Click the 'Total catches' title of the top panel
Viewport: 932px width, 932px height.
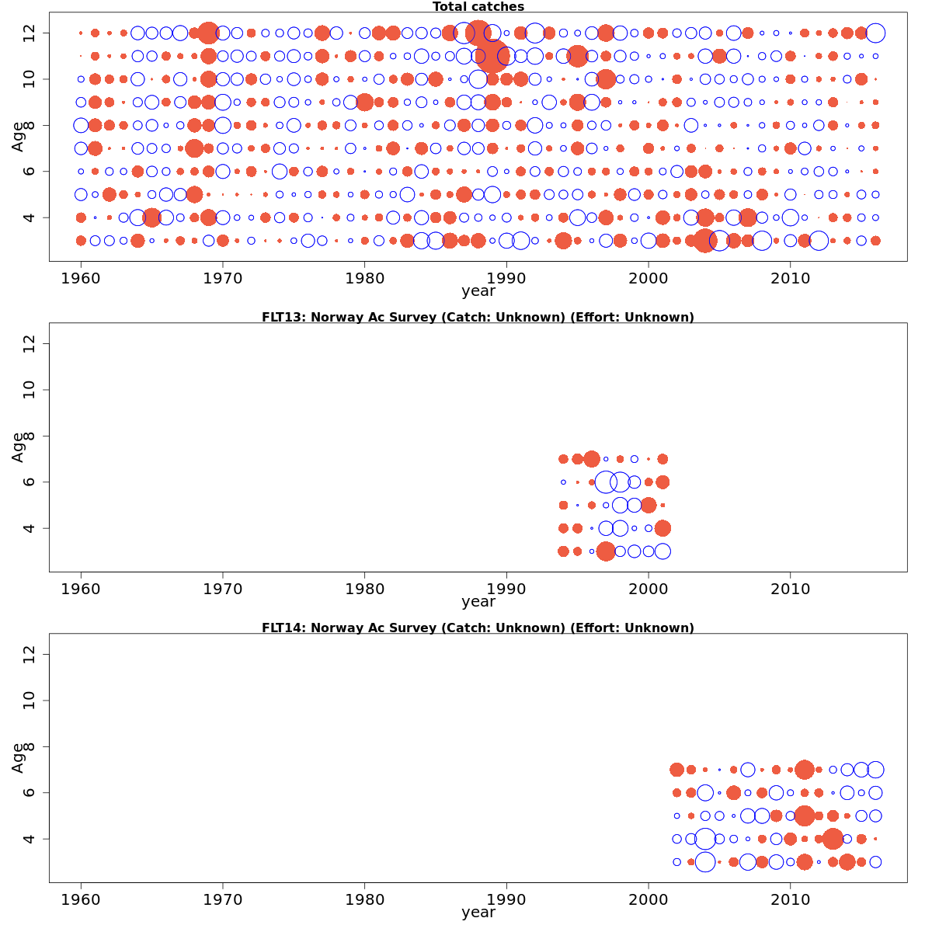click(478, 7)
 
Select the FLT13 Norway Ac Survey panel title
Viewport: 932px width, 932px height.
click(478, 317)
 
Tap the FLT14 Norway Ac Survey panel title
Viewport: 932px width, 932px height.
click(478, 628)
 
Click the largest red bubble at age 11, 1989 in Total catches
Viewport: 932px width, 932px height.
click(492, 56)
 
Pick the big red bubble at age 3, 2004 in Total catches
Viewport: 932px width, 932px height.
click(704, 241)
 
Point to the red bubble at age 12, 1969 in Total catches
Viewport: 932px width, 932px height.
click(208, 33)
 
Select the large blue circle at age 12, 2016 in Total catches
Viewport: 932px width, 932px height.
click(875, 33)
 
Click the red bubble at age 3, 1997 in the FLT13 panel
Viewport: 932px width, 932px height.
click(606, 551)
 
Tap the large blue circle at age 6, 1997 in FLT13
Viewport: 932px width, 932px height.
click(606, 482)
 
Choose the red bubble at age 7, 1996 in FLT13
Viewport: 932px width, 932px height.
click(592, 459)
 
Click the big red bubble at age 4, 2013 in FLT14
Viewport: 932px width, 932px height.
click(833, 839)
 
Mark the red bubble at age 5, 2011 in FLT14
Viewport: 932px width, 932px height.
click(805, 815)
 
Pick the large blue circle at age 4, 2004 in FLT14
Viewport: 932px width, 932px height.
click(705, 839)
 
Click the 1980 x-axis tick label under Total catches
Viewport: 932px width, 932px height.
click(365, 279)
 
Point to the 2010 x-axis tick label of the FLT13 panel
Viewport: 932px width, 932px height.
click(790, 589)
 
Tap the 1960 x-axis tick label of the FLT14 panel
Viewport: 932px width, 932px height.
click(81, 900)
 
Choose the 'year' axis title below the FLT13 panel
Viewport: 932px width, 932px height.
click(478, 602)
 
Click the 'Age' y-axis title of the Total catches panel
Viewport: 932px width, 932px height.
click(18, 137)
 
